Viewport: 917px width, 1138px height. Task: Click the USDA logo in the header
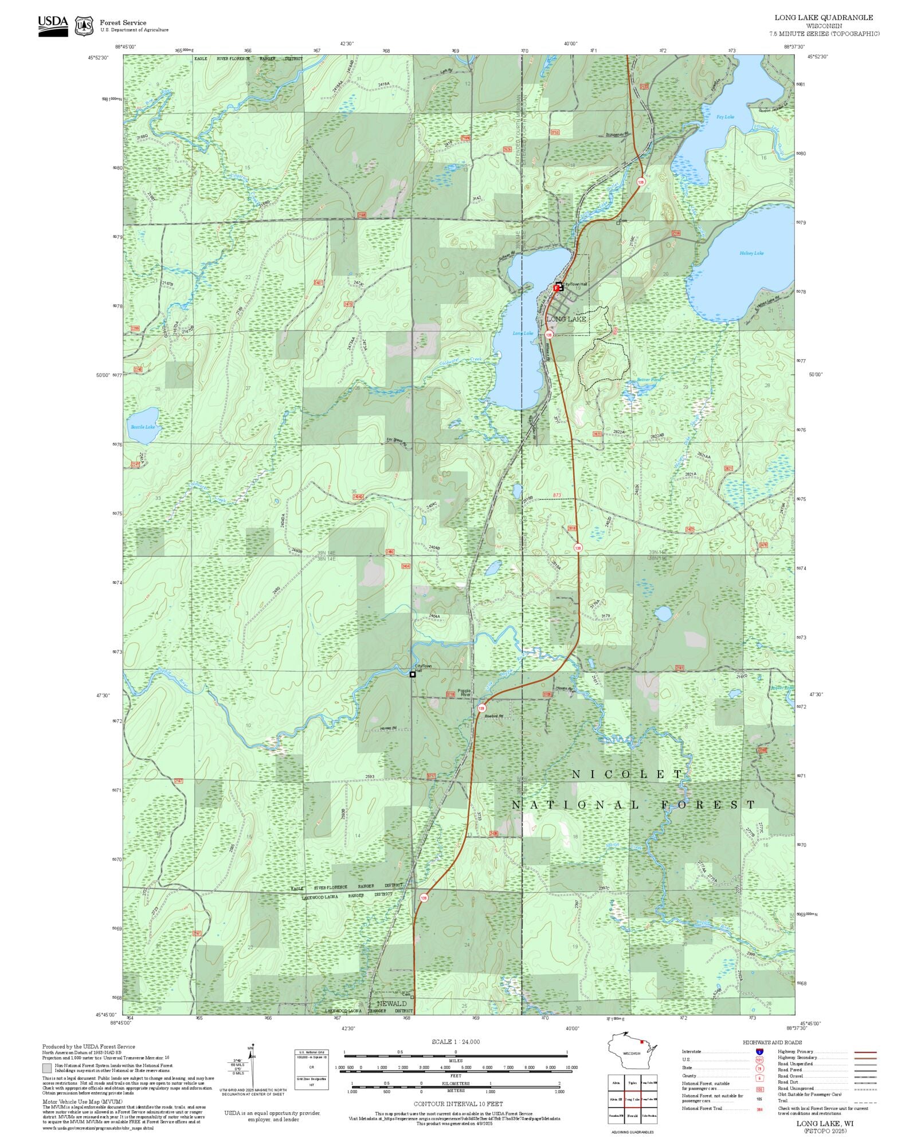[x=53, y=26]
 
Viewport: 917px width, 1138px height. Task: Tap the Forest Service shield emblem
[x=85, y=26]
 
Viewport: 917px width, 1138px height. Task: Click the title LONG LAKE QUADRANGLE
[x=824, y=18]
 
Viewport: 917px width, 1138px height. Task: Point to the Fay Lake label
[x=724, y=117]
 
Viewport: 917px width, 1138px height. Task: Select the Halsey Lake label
[x=751, y=253]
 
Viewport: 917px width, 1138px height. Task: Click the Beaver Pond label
[x=649, y=380]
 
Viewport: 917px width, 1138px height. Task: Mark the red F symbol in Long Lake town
[x=556, y=288]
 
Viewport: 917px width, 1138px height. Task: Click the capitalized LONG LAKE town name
[x=566, y=319]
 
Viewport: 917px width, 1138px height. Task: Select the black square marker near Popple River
[x=413, y=674]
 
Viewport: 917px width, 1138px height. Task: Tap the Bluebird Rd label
[x=493, y=716]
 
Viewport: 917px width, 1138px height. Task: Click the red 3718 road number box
[x=450, y=694]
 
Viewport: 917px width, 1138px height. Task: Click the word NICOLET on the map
[x=628, y=774]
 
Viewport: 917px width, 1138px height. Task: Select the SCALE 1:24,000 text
[x=456, y=1041]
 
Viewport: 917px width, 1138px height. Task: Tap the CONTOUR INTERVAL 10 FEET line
[x=458, y=1103]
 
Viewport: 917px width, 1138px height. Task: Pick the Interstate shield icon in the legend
[x=759, y=1052]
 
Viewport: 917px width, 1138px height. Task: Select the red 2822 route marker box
[x=597, y=434]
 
